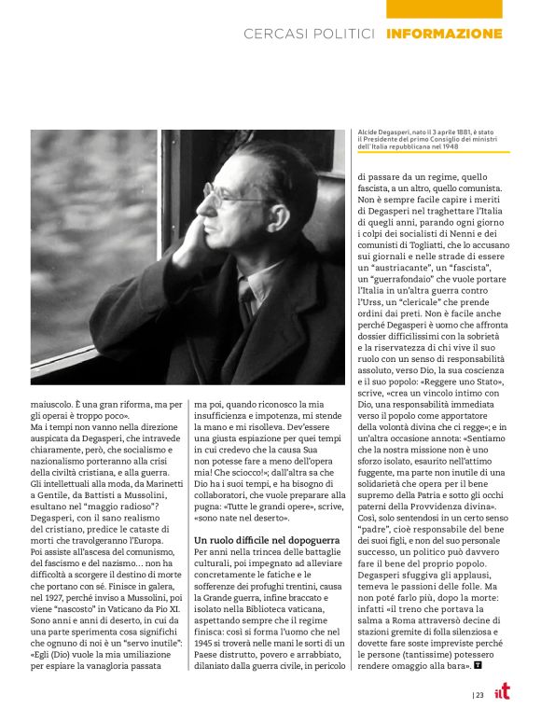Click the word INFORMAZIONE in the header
pyautogui.click(x=443, y=35)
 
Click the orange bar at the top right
pyautogui.click(x=444, y=8)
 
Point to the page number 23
pyautogui.click(x=479, y=695)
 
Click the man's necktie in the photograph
pyautogui.click(x=245, y=296)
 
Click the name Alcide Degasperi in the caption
pyautogui.click(x=384, y=134)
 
